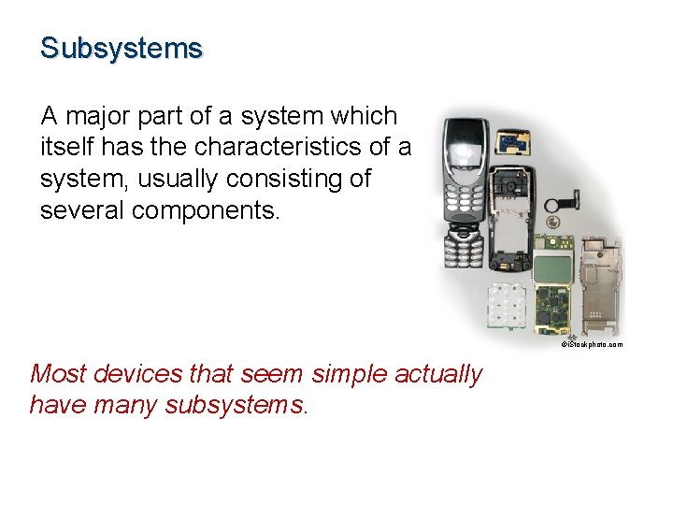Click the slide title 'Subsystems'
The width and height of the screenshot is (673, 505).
pos(121,48)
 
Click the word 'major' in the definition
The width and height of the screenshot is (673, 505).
pos(102,117)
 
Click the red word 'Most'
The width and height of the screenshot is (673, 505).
pos(57,374)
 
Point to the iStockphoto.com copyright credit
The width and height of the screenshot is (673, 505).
pos(591,345)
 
